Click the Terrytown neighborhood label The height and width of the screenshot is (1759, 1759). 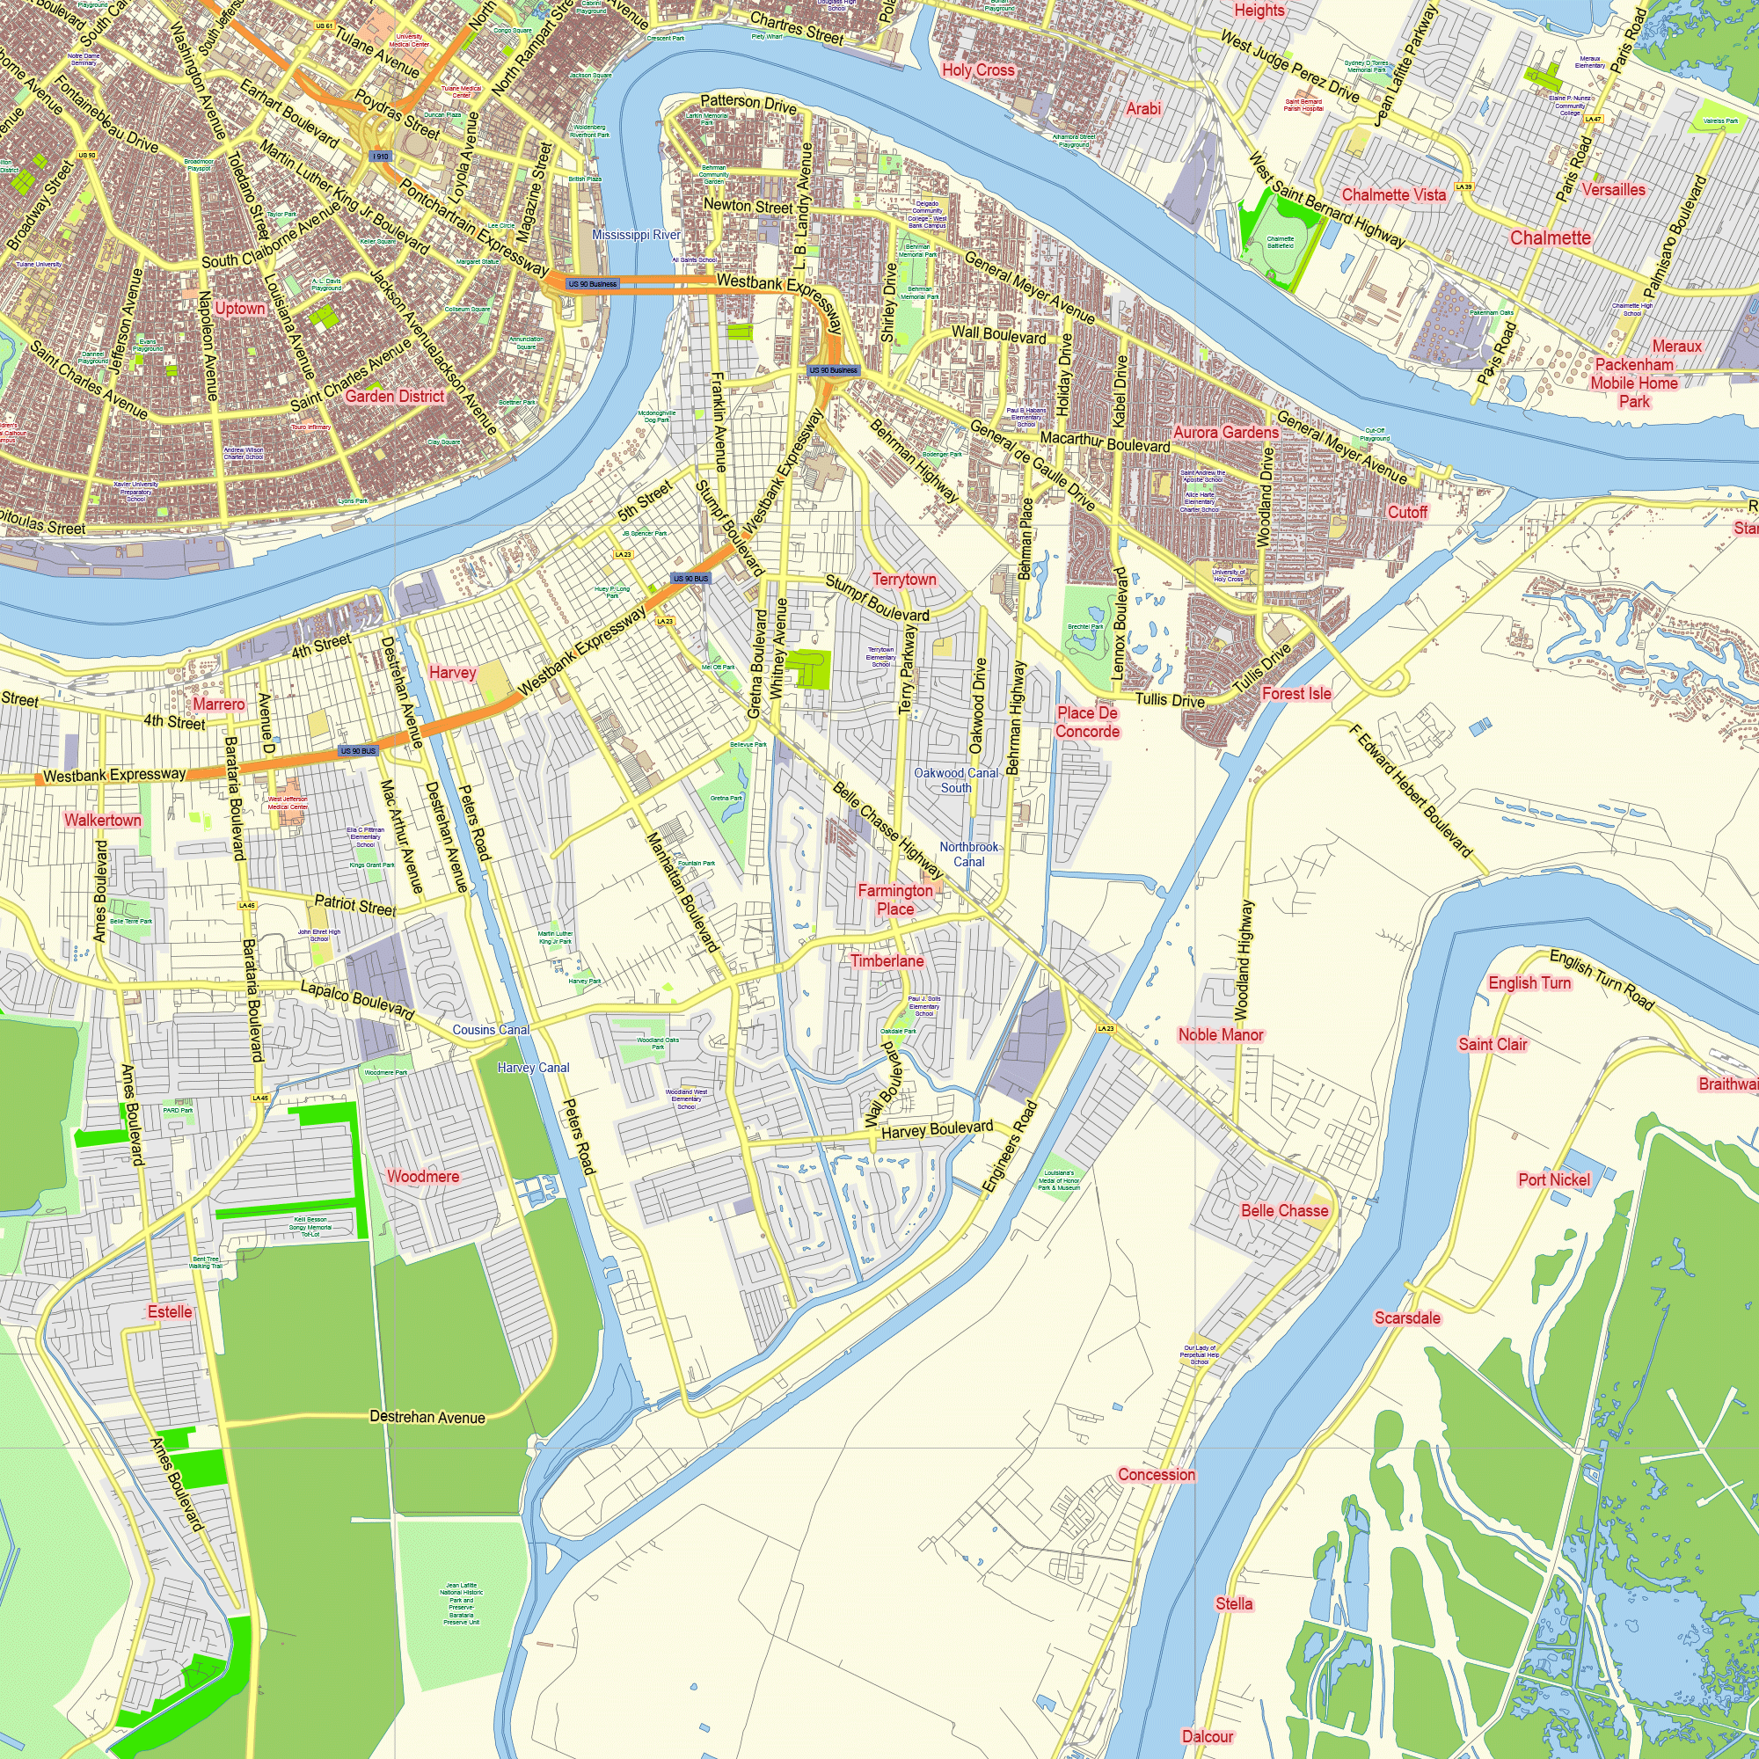click(x=903, y=579)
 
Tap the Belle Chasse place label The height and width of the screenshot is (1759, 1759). click(x=1284, y=1211)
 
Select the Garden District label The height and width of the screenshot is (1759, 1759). click(x=394, y=396)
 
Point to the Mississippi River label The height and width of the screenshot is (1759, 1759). click(x=636, y=235)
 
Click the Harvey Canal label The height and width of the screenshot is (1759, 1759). click(x=534, y=1067)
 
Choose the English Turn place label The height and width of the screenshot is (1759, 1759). click(x=1529, y=982)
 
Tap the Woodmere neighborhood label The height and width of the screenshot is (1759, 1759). click(x=422, y=1176)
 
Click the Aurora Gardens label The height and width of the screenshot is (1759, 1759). click(x=1225, y=433)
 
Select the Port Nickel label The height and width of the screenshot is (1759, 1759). click(x=1553, y=1180)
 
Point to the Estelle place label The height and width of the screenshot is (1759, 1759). click(x=170, y=1312)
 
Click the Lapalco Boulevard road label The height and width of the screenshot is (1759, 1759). click(x=357, y=1000)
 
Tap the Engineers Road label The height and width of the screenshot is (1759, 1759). click(x=1010, y=1146)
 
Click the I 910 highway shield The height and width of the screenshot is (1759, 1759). click(x=381, y=157)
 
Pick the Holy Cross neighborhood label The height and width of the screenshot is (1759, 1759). click(x=978, y=70)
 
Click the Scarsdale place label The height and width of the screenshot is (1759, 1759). click(x=1406, y=1317)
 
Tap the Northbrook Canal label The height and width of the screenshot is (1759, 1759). click(x=968, y=854)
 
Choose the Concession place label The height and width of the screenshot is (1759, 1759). click(x=1157, y=1474)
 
